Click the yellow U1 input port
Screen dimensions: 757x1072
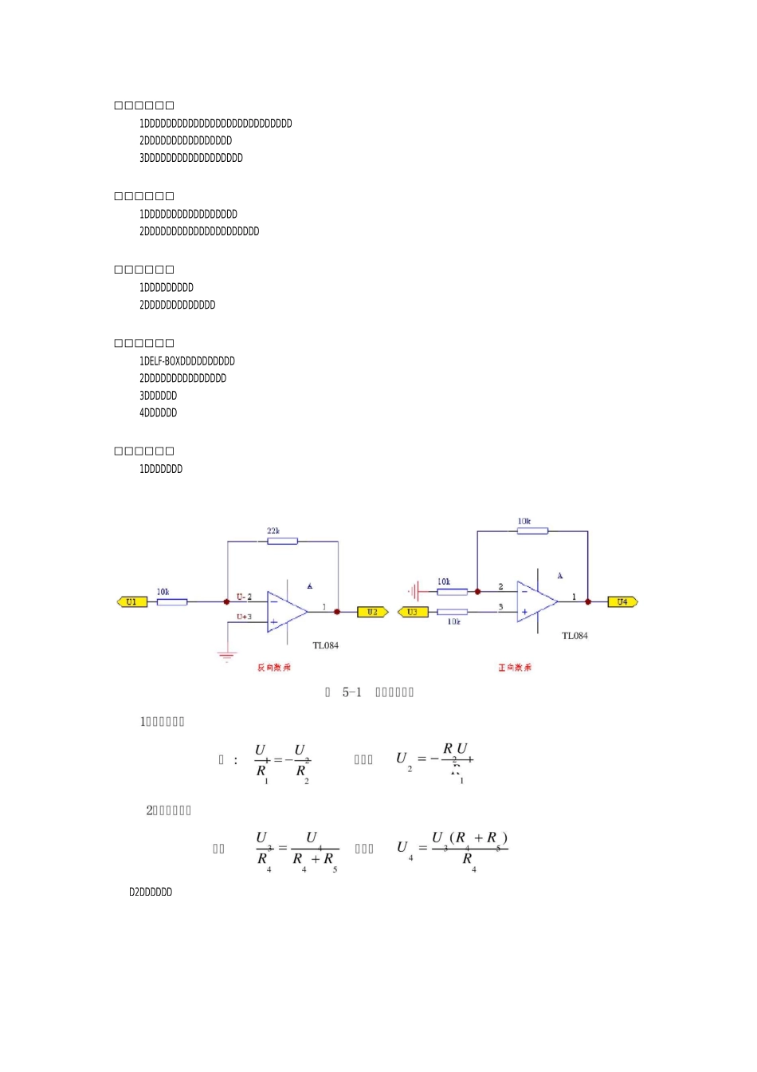click(132, 602)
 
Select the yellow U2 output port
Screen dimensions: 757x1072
click(372, 612)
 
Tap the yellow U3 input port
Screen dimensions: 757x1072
click(413, 612)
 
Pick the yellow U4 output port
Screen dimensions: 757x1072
click(622, 602)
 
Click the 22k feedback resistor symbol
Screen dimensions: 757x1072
click(282, 541)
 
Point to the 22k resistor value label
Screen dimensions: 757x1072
click(273, 531)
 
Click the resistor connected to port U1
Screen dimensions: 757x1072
click(171, 602)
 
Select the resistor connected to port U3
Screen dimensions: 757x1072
click(452, 612)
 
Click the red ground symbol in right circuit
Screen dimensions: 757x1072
click(414, 592)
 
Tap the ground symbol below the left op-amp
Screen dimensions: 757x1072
click(227, 656)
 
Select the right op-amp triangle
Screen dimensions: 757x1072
click(536, 601)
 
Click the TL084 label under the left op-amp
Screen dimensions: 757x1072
click(325, 645)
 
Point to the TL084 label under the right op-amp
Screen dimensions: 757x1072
click(575, 636)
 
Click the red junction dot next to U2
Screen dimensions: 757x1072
click(337, 612)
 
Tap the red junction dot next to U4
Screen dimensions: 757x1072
click(588, 602)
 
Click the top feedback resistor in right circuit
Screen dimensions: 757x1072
click(532, 531)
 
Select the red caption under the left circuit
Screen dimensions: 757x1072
click(273, 668)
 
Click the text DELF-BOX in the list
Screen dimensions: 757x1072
click(163, 361)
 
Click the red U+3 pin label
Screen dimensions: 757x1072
click(244, 617)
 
